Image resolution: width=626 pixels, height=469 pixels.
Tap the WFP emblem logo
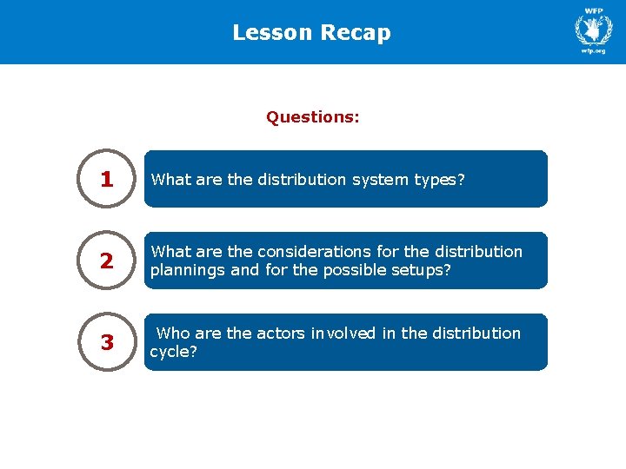593,30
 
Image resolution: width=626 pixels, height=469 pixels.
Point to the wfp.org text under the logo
593,51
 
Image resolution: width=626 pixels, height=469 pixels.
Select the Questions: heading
313,116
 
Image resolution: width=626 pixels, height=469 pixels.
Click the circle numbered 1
107,179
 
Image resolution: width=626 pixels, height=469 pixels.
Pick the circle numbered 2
107,261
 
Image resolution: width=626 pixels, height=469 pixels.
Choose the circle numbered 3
107,342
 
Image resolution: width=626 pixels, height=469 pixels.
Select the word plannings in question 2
183,269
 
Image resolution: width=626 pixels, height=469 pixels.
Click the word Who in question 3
173,334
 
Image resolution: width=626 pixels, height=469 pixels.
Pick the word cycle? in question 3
174,352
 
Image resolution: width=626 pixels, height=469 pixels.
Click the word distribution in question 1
303,180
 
